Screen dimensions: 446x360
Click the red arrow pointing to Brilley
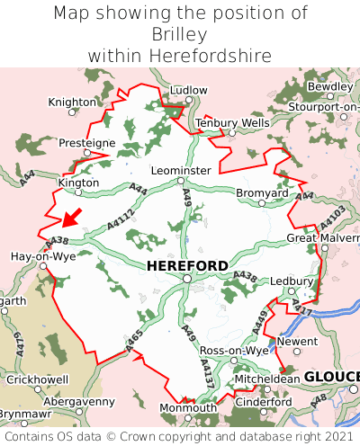[72, 218]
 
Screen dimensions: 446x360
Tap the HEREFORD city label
[186, 266]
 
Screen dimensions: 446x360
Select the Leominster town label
[182, 170]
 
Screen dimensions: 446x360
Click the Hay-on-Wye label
[42, 256]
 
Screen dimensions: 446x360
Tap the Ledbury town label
[290, 281]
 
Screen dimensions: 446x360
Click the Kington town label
[78, 183]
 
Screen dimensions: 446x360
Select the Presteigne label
[87, 143]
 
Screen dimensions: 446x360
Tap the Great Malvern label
[322, 238]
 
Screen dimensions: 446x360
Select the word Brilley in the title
[180, 34]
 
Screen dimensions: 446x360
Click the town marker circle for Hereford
[186, 280]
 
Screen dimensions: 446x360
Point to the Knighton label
[71, 103]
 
